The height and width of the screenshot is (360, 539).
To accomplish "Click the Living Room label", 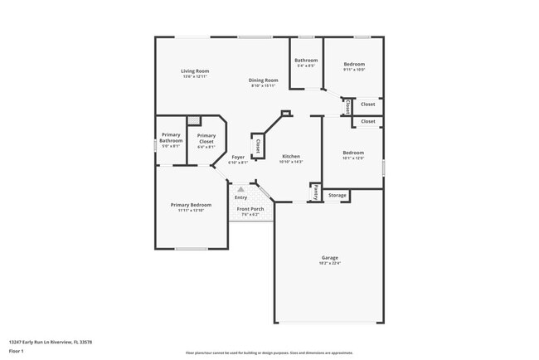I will (x=195, y=71).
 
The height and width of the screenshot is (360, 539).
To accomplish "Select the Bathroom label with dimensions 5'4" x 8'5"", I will (x=305, y=60).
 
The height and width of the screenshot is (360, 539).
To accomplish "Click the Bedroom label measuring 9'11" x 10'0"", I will (x=354, y=64).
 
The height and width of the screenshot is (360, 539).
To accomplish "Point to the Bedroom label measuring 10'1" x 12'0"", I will (x=353, y=153).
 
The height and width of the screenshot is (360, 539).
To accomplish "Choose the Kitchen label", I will (x=290, y=156).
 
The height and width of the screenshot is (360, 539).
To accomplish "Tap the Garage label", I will (x=329, y=257).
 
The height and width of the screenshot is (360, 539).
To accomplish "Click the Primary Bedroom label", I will (x=191, y=205).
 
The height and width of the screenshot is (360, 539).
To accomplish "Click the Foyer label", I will (x=238, y=157).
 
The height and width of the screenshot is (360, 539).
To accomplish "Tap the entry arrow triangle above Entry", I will (x=241, y=189).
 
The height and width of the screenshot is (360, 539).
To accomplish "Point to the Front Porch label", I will (x=250, y=209).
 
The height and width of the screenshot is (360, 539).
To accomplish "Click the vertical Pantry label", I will (x=316, y=192).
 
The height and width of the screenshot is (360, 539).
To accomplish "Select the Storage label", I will (x=337, y=196).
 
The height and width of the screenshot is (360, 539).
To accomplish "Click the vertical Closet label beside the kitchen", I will (x=258, y=147).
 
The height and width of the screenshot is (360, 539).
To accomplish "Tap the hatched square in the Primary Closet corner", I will (x=194, y=121).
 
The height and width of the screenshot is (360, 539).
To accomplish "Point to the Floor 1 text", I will (x=17, y=351).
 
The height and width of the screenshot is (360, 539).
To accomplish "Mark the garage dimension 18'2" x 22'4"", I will (x=329, y=263).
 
